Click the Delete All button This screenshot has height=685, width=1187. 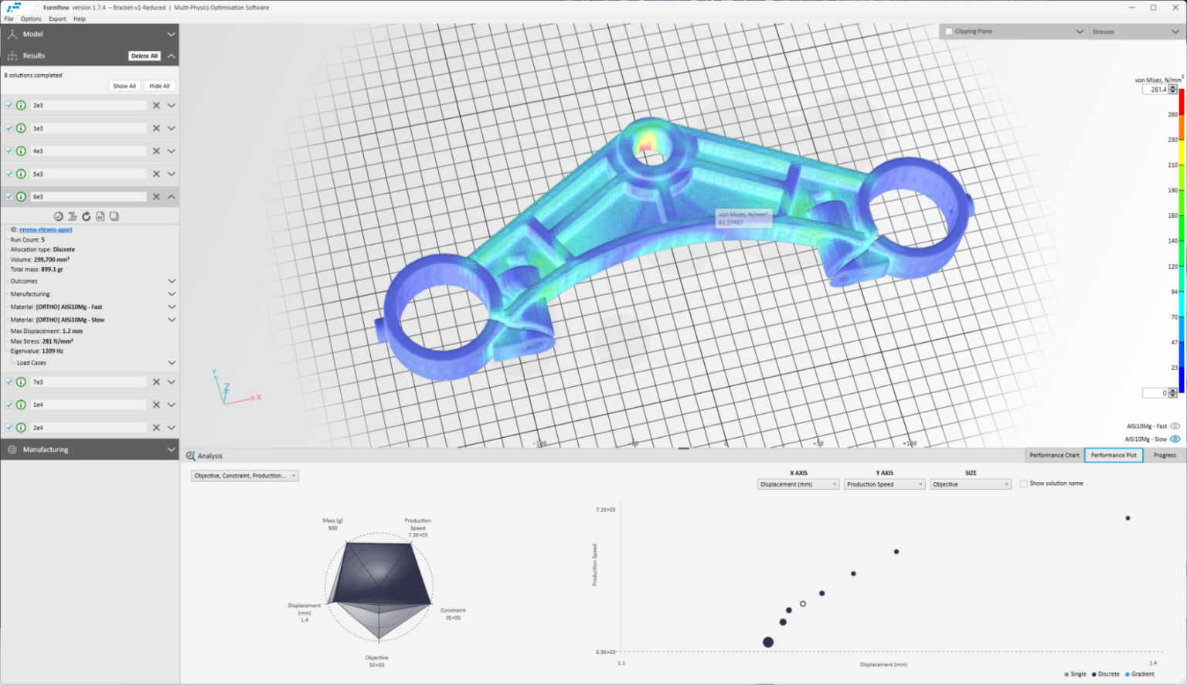pos(144,56)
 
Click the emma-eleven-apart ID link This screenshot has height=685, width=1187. pos(46,229)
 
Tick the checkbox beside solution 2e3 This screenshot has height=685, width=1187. pos(9,105)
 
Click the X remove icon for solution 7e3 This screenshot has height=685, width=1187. pos(156,381)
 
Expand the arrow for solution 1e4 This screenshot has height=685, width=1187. pos(171,405)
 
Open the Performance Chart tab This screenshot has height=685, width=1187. pos(1054,455)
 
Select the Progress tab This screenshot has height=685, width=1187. pos(1164,455)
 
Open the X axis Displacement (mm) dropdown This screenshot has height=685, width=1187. pos(798,484)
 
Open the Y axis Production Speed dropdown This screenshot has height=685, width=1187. pos(884,484)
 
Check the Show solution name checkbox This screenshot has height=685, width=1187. pos(1023,483)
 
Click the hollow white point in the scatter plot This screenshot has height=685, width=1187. pos(803,604)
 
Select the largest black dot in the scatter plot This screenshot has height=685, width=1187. pos(767,642)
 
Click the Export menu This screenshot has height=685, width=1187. pos(57,19)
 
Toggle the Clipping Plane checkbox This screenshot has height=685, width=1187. pos(949,32)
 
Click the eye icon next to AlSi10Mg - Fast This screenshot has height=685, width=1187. pos(1175,426)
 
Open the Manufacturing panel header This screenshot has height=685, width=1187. pos(89,449)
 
